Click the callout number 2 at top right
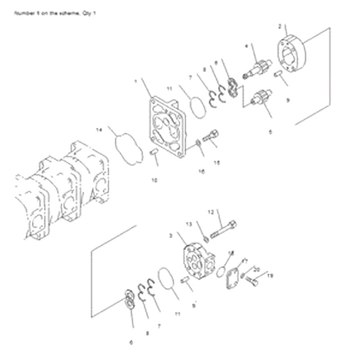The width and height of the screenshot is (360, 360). pos(280,27)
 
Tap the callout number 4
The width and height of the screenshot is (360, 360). pos(247,46)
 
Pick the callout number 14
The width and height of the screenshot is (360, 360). pos(99,130)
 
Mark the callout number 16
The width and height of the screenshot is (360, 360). pos(201,171)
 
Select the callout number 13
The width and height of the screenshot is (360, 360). pos(189,224)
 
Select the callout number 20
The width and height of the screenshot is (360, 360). pos(257,269)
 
